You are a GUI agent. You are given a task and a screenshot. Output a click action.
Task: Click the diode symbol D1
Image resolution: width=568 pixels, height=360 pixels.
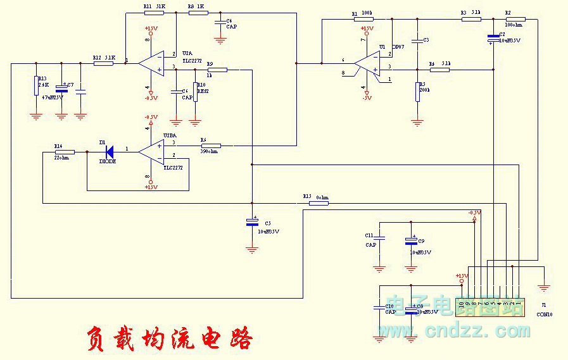point(109,151)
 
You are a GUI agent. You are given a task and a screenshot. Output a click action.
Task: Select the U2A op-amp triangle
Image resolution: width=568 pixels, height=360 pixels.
point(152,63)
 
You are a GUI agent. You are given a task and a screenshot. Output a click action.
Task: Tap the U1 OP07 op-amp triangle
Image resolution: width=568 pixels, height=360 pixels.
point(367,63)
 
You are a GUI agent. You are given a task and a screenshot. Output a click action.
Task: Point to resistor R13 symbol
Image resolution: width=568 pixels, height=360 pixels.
point(35,85)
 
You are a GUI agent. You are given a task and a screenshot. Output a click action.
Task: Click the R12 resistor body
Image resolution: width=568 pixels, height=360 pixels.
point(103,63)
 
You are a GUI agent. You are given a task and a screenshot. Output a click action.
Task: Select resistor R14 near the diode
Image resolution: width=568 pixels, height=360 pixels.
point(65,152)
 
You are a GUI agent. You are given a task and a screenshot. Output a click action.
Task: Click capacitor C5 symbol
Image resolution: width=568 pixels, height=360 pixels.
point(252,222)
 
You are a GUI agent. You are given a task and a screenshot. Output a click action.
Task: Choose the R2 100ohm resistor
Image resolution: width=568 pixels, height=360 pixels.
point(515,19)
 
